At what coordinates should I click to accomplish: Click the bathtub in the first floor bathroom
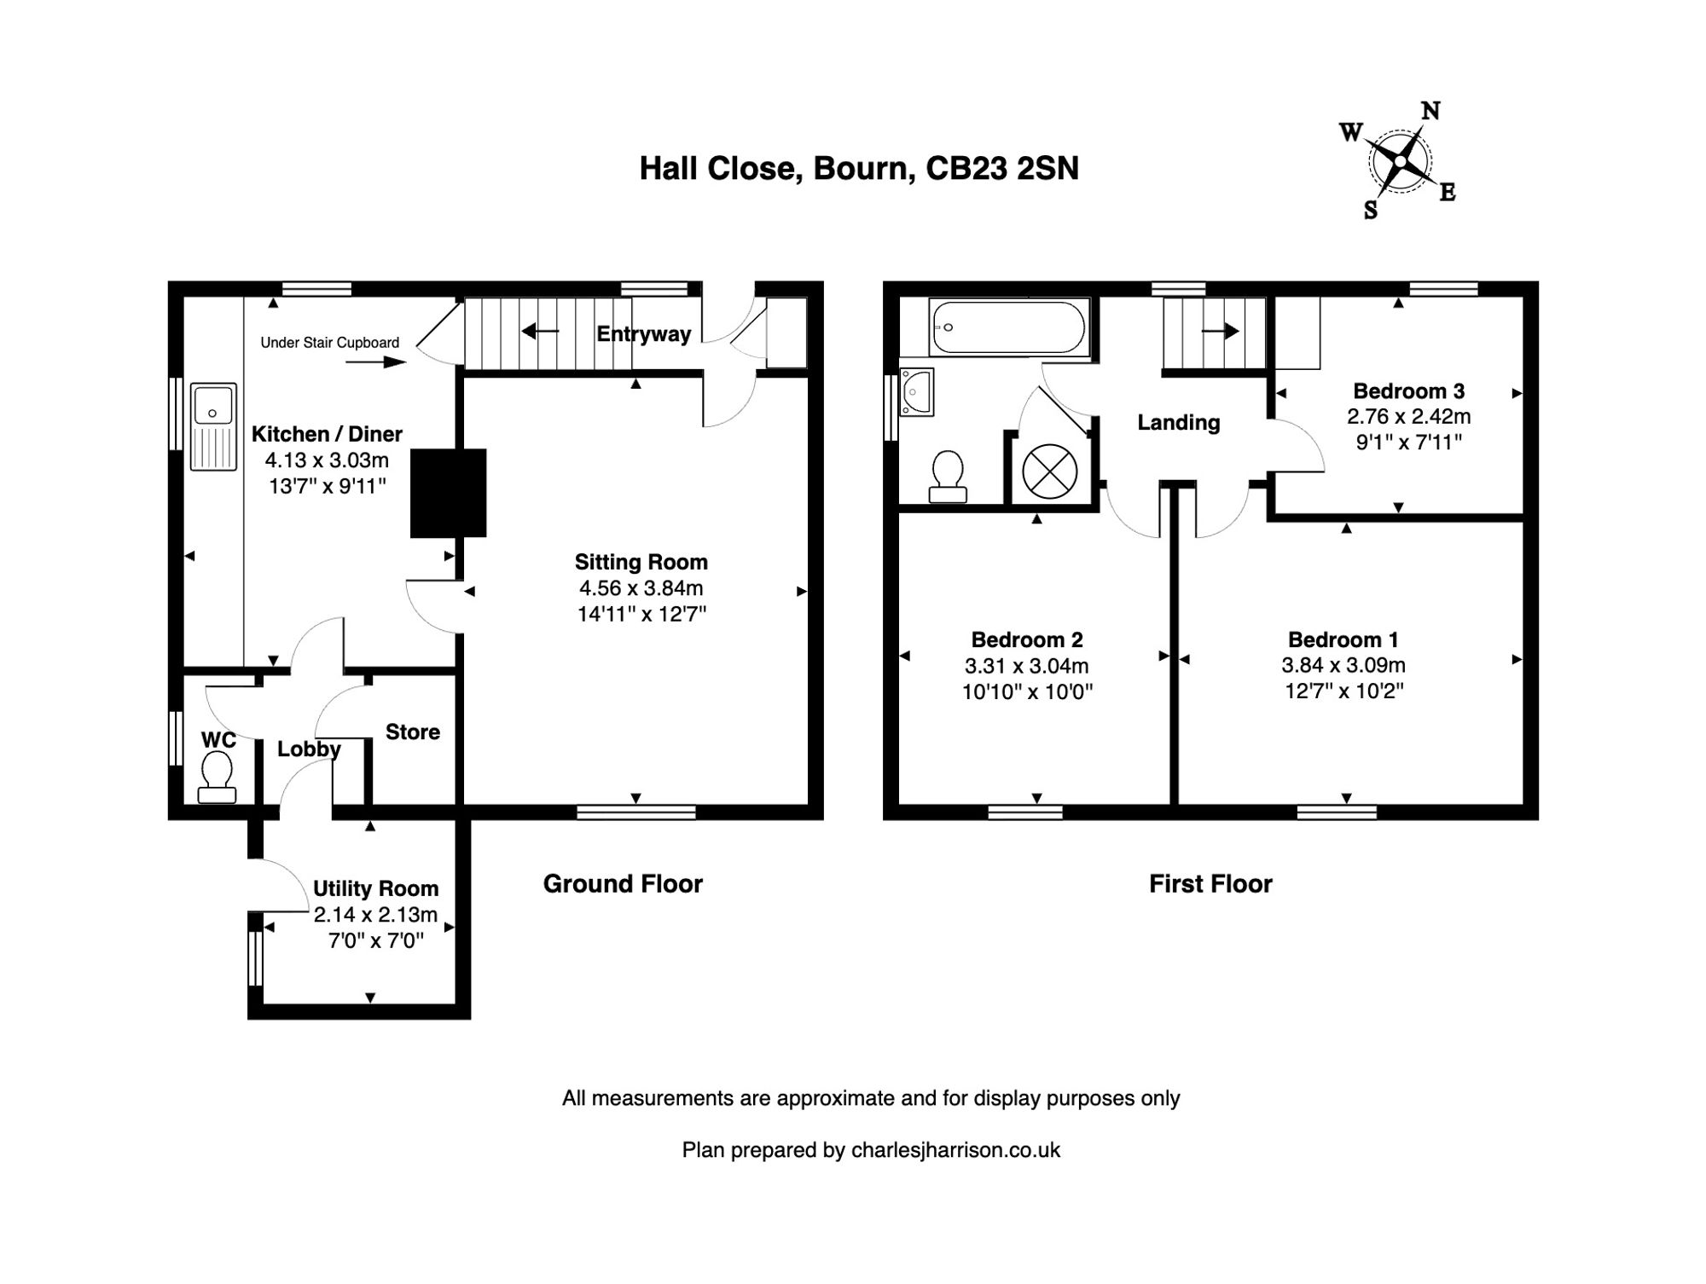pyautogui.click(x=1008, y=327)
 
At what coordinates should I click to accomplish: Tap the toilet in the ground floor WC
pyautogui.click(x=217, y=778)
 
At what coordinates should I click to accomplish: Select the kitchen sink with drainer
pyautogui.click(x=213, y=426)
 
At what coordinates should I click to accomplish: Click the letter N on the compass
pyautogui.click(x=1430, y=111)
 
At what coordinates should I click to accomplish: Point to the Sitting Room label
pyautogui.click(x=641, y=562)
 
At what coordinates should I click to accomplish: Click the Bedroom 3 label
pyautogui.click(x=1408, y=391)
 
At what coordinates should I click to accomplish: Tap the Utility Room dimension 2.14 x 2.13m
pyautogui.click(x=375, y=915)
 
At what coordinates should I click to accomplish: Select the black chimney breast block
pyautogui.click(x=448, y=493)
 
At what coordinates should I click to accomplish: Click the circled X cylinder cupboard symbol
pyautogui.click(x=1049, y=471)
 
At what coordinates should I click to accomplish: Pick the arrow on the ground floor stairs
pyautogui.click(x=540, y=331)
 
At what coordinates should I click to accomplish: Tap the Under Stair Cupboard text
pyautogui.click(x=329, y=343)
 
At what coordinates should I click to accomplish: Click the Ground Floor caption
pyautogui.click(x=623, y=884)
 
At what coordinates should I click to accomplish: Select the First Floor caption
pyautogui.click(x=1210, y=884)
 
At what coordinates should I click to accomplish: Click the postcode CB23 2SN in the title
pyautogui.click(x=1002, y=168)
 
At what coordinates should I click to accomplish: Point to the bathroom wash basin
pyautogui.click(x=917, y=392)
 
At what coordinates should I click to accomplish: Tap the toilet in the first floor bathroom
pyautogui.click(x=947, y=477)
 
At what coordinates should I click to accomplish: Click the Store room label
pyautogui.click(x=412, y=732)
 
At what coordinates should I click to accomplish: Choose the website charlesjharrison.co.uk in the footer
pyautogui.click(x=955, y=1150)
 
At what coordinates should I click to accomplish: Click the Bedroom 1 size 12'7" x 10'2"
pyautogui.click(x=1343, y=691)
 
